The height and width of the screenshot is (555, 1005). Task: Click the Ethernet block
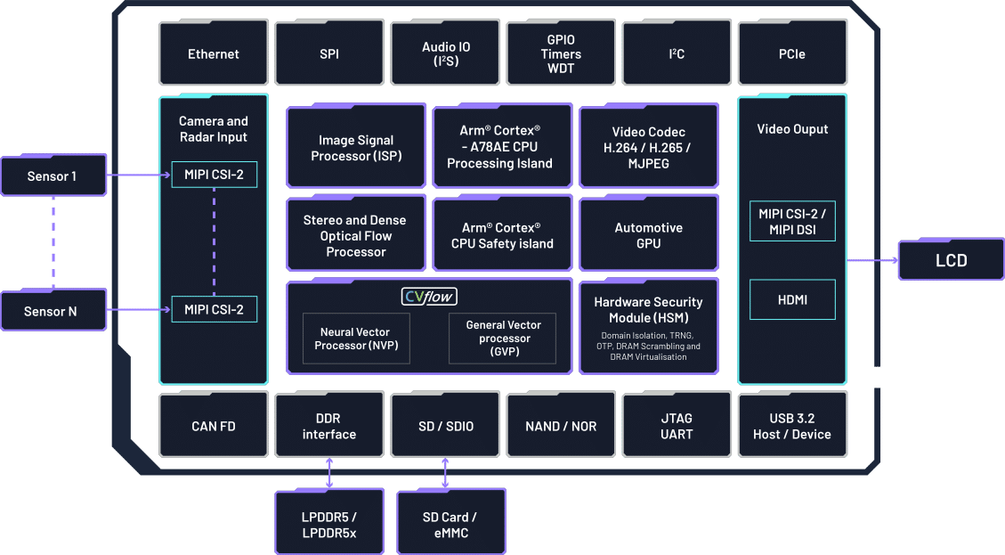click(214, 54)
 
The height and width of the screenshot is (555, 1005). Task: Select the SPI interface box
click(329, 54)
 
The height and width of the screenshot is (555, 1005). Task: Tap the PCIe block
click(792, 54)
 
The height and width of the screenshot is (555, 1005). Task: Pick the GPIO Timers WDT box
click(561, 54)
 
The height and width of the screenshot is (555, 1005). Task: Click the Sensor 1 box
click(53, 176)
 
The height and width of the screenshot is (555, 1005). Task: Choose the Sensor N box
click(53, 311)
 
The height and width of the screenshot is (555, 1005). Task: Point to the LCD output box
click(951, 261)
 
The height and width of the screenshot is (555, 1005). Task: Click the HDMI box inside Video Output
click(792, 300)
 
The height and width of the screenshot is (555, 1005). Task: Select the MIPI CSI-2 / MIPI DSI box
click(792, 221)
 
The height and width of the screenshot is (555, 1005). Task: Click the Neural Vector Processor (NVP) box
click(356, 339)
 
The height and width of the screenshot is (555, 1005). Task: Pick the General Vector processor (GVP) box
click(503, 339)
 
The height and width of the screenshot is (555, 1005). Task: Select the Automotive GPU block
click(649, 235)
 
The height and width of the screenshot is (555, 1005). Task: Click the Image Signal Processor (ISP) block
click(356, 148)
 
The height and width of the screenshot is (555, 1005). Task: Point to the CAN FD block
click(214, 426)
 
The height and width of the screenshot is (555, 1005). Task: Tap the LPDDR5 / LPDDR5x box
click(329, 525)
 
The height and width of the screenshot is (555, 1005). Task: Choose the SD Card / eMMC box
click(450, 525)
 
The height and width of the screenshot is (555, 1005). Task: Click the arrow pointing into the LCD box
click(872, 261)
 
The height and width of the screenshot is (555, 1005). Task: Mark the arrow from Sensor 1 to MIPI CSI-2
click(139, 175)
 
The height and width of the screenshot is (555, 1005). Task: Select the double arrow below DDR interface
click(330, 472)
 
